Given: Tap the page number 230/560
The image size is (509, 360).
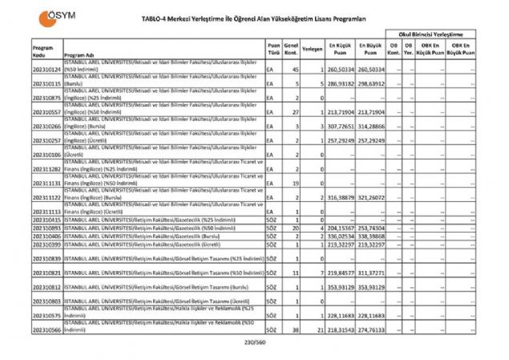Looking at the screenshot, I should [x=253, y=342].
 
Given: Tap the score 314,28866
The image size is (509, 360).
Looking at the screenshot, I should [x=371, y=126].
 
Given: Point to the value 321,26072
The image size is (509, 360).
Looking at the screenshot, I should [x=371, y=196].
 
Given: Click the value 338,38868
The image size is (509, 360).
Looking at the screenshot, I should [x=371, y=237].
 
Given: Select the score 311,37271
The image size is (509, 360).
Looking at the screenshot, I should [x=371, y=273].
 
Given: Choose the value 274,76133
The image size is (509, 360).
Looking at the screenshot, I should [x=371, y=329].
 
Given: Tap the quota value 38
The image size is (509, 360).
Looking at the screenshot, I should [x=294, y=329].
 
